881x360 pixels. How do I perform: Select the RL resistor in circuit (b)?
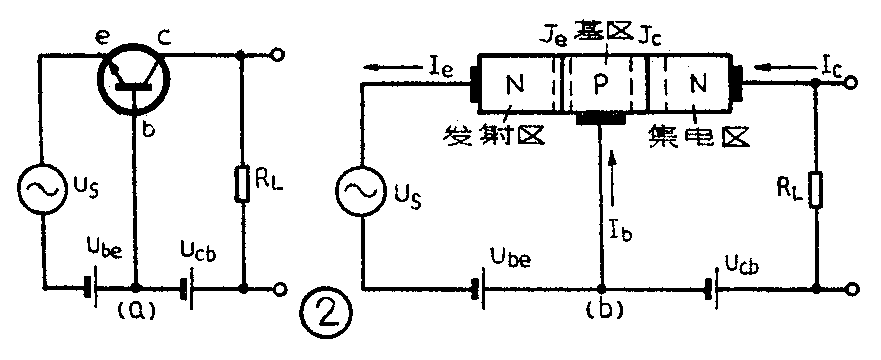817,190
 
